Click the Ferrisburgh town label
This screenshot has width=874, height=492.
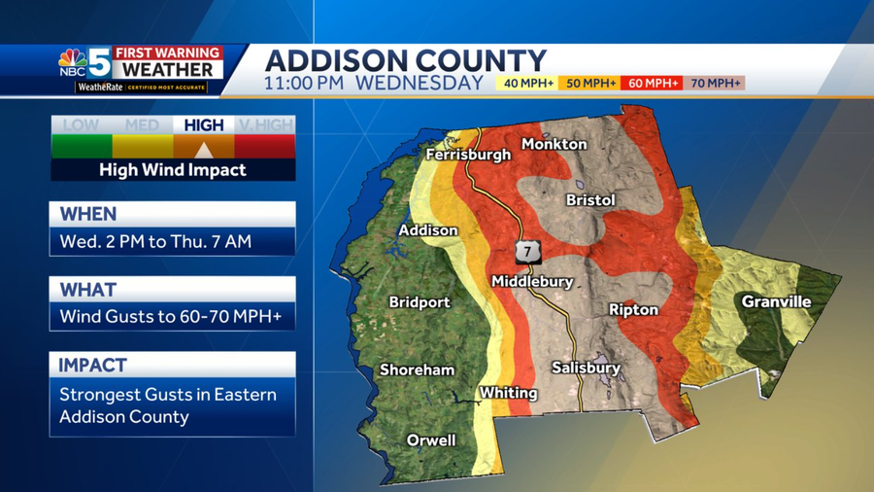pyautogui.click(x=467, y=155)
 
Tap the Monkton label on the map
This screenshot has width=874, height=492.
pyautogui.click(x=554, y=144)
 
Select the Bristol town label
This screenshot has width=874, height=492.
pyautogui.click(x=590, y=199)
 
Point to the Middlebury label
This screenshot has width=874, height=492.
pyautogui.click(x=531, y=281)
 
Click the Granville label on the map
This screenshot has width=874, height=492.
pyautogui.click(x=776, y=301)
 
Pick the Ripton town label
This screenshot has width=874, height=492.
pyautogui.click(x=633, y=309)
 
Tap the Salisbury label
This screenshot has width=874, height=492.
pyautogui.click(x=586, y=368)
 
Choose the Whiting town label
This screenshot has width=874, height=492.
pyautogui.click(x=508, y=393)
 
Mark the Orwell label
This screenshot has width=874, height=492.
pyautogui.click(x=431, y=440)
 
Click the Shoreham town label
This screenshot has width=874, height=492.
pyautogui.click(x=417, y=369)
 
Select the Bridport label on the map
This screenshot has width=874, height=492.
pyautogui.click(x=420, y=302)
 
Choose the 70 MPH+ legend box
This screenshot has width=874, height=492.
pyautogui.click(x=714, y=84)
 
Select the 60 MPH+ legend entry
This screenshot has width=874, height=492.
pyautogui.click(x=652, y=84)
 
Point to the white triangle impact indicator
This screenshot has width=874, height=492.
pyautogui.click(x=204, y=150)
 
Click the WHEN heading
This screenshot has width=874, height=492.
pyautogui.click(x=87, y=214)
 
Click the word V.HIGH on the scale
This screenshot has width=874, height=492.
pyautogui.click(x=265, y=125)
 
